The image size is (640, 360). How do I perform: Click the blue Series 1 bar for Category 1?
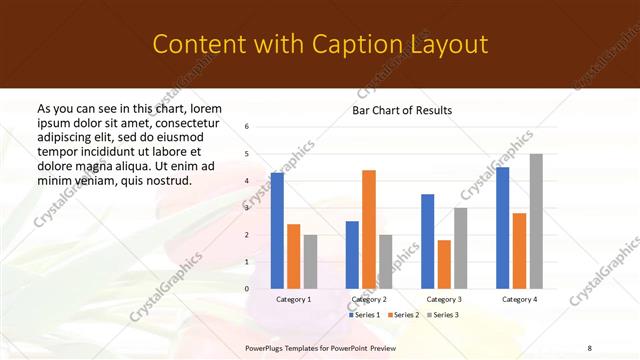tap(277, 231)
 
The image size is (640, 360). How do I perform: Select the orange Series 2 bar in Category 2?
tap(369, 229)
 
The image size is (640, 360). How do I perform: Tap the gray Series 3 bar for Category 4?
tap(536, 221)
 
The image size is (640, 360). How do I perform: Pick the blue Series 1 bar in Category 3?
tap(428, 241)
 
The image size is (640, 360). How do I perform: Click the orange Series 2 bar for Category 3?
tap(444, 264)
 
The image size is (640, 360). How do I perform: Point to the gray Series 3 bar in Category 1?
tap(310, 262)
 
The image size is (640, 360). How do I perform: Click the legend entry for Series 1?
tap(365, 315)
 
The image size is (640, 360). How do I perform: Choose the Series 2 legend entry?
tap(403, 315)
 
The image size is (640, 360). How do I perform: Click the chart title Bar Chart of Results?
tap(402, 110)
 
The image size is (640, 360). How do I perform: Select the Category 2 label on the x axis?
tap(369, 299)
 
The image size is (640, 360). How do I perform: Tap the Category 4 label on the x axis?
tap(519, 299)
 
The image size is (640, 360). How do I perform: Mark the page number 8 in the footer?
tap(589, 346)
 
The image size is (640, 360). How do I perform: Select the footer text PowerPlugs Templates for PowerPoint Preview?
tap(320, 346)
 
